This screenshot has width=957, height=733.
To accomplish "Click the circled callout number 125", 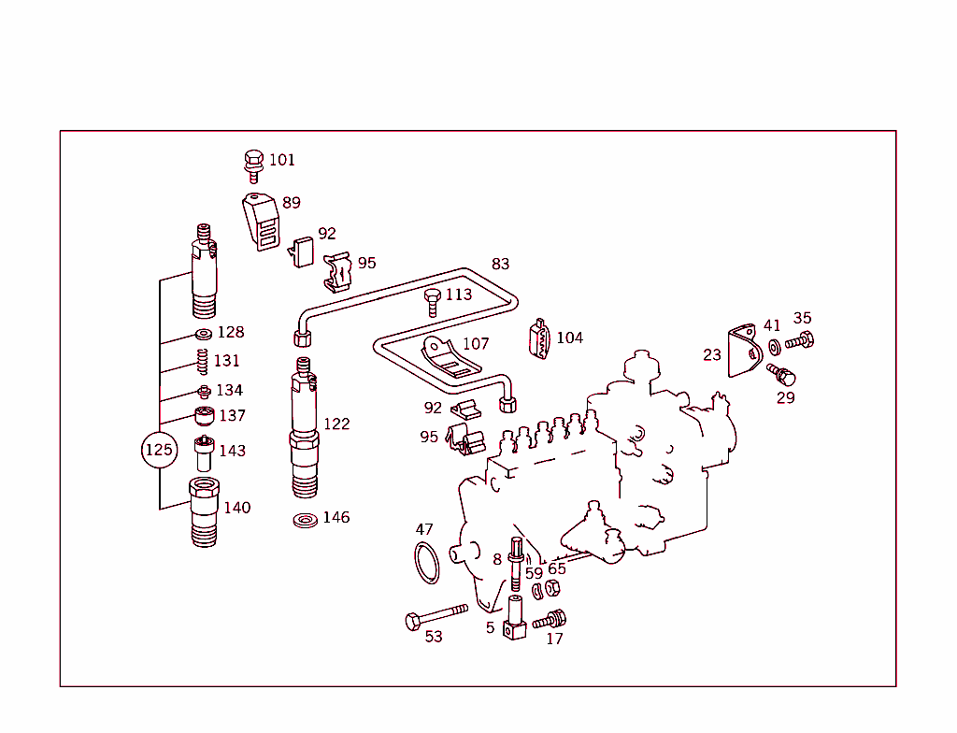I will pos(158,451).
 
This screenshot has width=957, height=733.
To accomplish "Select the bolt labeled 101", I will pos(253,163).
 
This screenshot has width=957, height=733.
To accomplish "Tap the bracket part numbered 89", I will pos(263,223).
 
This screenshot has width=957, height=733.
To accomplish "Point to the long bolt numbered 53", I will pos(435,616).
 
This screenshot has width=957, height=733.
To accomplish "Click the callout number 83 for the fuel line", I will pos(501,265).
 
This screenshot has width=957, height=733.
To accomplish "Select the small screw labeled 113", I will pos(432,302).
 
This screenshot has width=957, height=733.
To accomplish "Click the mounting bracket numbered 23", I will pos(742,352).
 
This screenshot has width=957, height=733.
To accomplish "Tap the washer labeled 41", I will pos(775,347).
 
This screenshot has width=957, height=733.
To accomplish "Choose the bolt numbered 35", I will pos(801,340).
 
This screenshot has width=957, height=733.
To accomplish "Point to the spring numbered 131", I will pos(201,360).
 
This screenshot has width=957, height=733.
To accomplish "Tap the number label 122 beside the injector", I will pos(336,424).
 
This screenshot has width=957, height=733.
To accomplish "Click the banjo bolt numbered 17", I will pos(550,619).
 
